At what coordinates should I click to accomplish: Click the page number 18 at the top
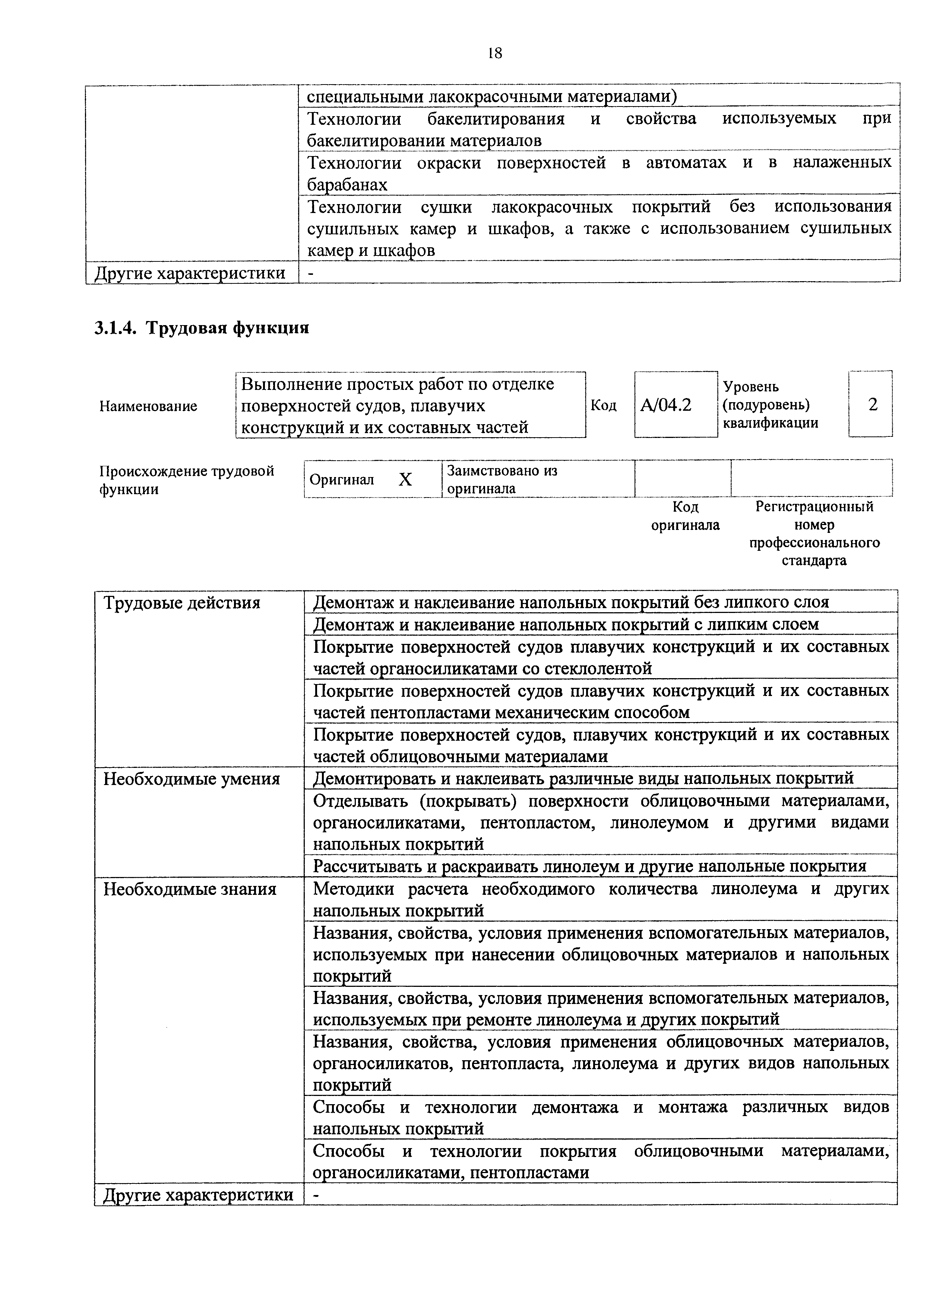pyautogui.click(x=495, y=53)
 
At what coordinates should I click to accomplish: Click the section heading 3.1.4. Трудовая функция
pyautogui.click(x=202, y=328)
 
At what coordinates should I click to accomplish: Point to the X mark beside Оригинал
pyautogui.click(x=405, y=479)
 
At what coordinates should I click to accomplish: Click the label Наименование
pyautogui.click(x=148, y=406)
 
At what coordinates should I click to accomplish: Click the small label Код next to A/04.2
pyautogui.click(x=604, y=405)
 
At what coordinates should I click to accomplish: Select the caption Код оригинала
pyautogui.click(x=686, y=516)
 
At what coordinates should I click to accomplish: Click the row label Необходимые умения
pyautogui.click(x=191, y=779)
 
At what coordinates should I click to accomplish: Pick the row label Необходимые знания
pyautogui.click(x=190, y=889)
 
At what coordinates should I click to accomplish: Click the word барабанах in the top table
pyautogui.click(x=347, y=184)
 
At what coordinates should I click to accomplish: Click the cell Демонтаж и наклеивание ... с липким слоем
pyautogui.click(x=566, y=624)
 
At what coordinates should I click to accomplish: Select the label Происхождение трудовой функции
pyautogui.click(x=187, y=480)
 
